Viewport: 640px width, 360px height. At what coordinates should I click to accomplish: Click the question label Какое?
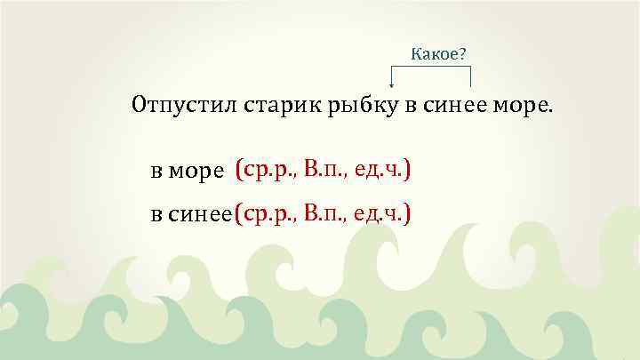(x=438, y=54)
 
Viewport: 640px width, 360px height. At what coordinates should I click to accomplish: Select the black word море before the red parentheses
(x=202, y=171)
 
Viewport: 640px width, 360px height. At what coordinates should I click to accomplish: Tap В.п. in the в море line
(x=326, y=169)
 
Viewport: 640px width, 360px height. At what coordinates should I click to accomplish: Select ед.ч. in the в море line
(x=380, y=169)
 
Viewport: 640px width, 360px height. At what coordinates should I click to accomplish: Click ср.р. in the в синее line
(x=269, y=213)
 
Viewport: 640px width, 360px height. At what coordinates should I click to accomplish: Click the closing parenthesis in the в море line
(x=407, y=169)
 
